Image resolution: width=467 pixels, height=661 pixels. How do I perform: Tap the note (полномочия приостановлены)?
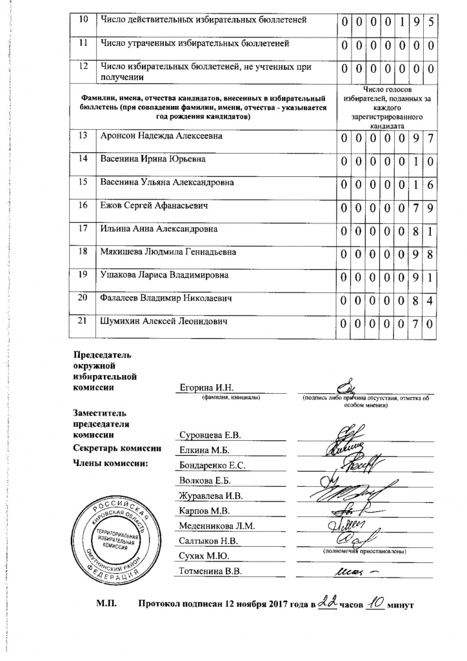364,552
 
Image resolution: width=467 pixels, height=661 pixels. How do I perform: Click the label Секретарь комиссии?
116,449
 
